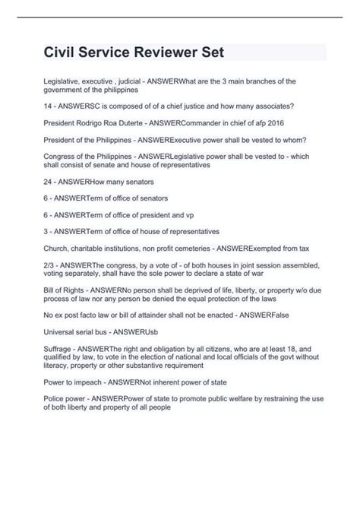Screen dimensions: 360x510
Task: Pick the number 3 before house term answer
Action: tap(48, 231)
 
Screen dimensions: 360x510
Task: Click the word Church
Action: tap(59, 248)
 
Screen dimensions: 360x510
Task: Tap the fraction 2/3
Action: tap(51, 265)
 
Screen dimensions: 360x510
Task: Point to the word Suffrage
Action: tap(61, 348)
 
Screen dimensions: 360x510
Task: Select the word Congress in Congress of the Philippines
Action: tap(64, 157)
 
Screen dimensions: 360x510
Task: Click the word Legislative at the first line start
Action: tap(65, 79)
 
